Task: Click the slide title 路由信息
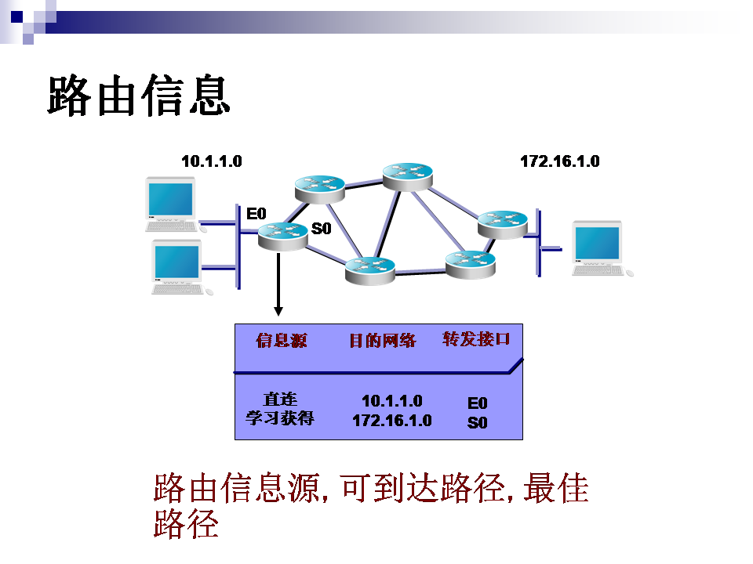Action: point(139,96)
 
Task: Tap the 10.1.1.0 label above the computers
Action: point(211,161)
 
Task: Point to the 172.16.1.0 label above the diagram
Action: point(559,161)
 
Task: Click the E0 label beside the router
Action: point(256,213)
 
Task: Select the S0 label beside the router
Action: point(322,229)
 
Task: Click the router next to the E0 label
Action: point(282,234)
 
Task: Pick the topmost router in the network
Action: point(407,175)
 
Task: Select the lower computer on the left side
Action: point(178,266)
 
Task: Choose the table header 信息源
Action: point(282,340)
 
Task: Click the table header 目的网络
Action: point(382,340)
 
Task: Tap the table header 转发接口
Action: point(476,338)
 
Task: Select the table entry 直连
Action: point(280,399)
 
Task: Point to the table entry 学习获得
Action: point(280,418)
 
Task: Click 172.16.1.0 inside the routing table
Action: point(391,421)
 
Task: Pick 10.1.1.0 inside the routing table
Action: point(391,401)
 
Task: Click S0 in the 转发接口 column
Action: point(477,423)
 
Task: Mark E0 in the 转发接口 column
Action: point(477,403)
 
